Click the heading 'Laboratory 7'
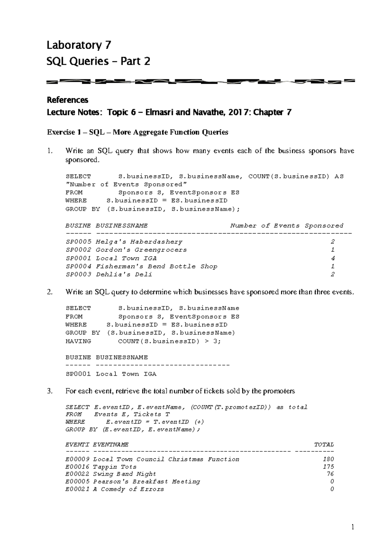pyautogui.click(x=79, y=45)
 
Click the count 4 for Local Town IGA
pyautogui.click(x=333, y=258)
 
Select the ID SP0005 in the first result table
pyautogui.click(x=78, y=242)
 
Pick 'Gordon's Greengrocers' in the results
pyautogui.click(x=141, y=250)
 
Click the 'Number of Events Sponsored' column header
pyautogui.click(x=286, y=225)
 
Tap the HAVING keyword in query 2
pyautogui.click(x=78, y=341)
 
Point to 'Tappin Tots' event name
pyautogui.click(x=115, y=467)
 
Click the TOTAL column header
pyautogui.click(x=324, y=445)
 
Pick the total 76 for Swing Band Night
pyautogui.click(x=330, y=474)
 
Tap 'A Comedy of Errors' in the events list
pyautogui.click(x=128, y=489)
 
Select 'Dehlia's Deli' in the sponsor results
pyautogui.click(x=124, y=274)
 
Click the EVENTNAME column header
pyautogui.click(x=111, y=445)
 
